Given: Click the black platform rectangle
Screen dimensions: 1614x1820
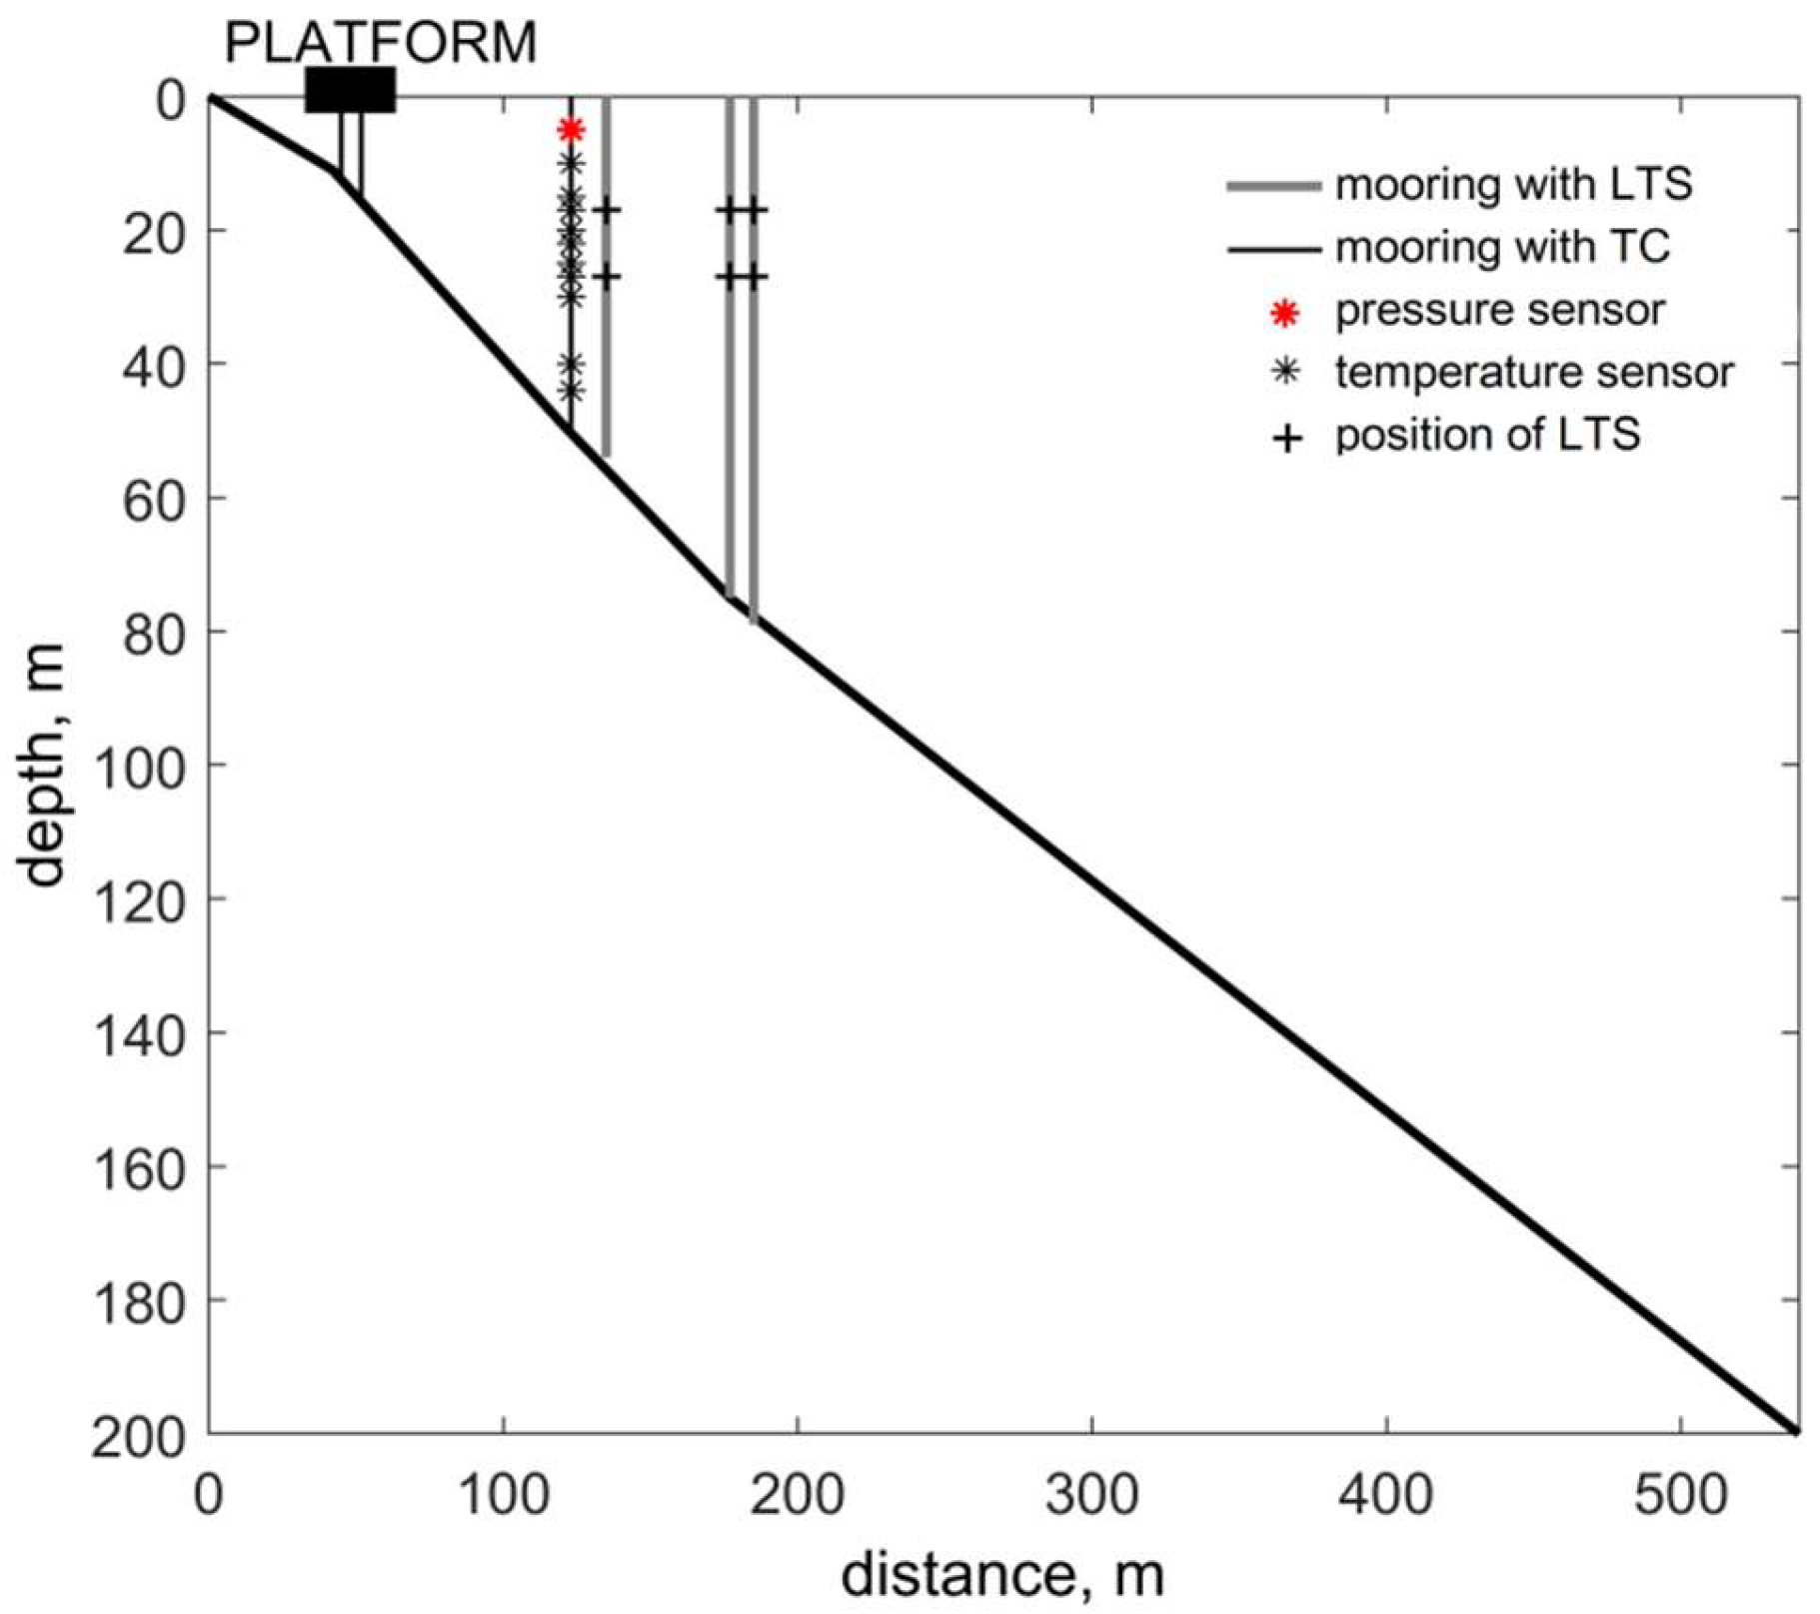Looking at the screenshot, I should tap(350, 90).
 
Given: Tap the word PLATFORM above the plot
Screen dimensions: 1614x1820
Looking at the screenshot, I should tap(380, 42).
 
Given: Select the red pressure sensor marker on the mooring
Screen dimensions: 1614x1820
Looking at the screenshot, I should tap(571, 130).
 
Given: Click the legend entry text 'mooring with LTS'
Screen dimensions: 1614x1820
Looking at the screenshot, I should tap(1513, 185).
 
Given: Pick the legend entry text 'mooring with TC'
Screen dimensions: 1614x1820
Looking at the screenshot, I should tap(1502, 247).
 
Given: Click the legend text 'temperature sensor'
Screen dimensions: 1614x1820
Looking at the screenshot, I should tap(1534, 373).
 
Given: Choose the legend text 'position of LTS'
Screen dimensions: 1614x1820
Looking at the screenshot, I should tap(1487, 435).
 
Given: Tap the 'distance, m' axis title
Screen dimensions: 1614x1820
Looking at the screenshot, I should tap(1002, 1576).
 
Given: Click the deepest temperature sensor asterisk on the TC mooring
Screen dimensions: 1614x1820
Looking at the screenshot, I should tap(571, 391).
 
